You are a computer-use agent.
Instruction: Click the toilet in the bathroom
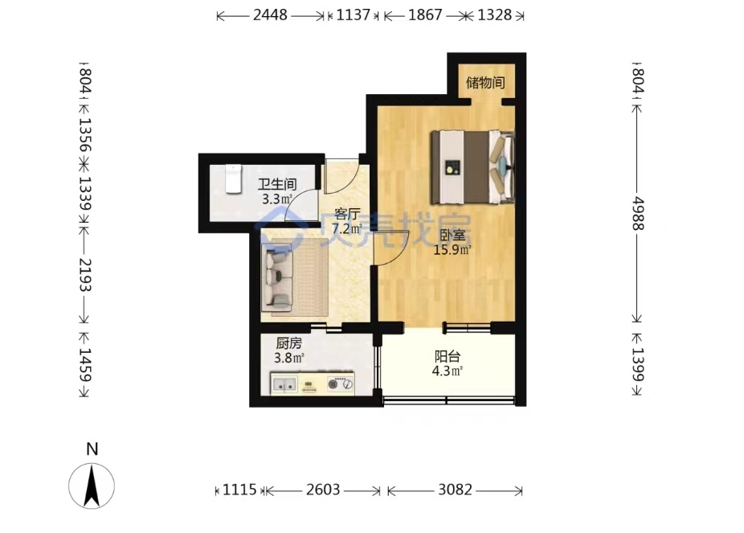(233, 179)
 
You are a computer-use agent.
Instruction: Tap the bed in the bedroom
(472, 167)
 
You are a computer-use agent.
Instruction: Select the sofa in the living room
(278, 277)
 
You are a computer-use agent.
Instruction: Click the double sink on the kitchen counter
(284, 385)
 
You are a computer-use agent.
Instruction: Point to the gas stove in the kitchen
(341, 384)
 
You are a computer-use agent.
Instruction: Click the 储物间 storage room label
(485, 83)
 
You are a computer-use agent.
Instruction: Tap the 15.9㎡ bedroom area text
(452, 250)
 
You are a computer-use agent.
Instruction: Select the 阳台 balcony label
(448, 356)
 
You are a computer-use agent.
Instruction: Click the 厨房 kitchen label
(289, 342)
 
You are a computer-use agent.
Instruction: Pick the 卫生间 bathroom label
(277, 184)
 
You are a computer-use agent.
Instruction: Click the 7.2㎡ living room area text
(347, 229)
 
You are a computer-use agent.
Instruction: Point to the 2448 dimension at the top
(270, 14)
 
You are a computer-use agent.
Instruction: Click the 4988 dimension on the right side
(638, 214)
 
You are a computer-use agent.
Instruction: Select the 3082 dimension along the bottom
(455, 490)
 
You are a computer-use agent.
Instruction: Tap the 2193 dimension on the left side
(84, 275)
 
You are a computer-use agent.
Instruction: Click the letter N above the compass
(92, 449)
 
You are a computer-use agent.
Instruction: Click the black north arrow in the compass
(92, 486)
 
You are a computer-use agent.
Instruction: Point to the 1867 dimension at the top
(425, 14)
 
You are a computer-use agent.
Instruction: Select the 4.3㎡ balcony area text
(448, 371)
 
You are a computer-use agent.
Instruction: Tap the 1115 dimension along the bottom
(239, 490)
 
